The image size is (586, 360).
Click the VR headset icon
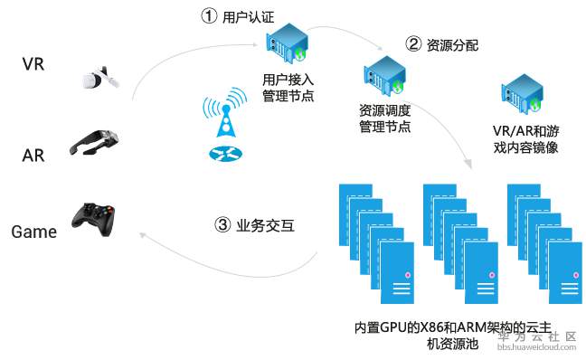click(100, 78)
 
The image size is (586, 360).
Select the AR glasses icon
click(94, 142)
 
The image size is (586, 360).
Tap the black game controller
click(93, 220)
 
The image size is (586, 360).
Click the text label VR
click(33, 64)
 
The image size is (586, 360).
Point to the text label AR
click(33, 156)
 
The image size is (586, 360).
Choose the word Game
click(34, 232)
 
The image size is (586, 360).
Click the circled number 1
click(209, 15)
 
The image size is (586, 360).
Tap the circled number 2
click(413, 43)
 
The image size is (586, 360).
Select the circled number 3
click(222, 224)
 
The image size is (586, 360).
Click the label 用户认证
click(248, 17)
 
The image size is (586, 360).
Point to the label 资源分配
click(452, 45)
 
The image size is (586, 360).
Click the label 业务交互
click(265, 225)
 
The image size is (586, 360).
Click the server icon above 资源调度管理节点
click(384, 76)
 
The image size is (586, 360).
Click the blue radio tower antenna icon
click(225, 112)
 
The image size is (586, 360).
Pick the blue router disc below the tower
click(225, 154)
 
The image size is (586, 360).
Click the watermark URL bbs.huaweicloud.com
click(536, 347)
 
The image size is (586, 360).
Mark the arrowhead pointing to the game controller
click(142, 235)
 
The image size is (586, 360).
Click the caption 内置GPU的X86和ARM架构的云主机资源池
click(453, 336)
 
